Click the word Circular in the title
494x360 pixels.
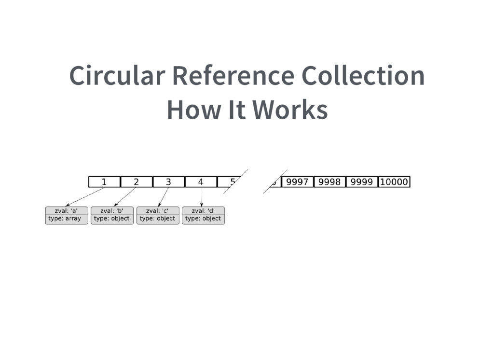tap(117, 76)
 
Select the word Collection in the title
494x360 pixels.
tap(363, 76)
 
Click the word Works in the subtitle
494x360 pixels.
tap(290, 110)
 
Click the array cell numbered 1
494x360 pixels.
tap(104, 182)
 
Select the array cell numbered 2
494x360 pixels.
tap(137, 182)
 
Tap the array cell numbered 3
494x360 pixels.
tap(168, 182)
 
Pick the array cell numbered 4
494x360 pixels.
tap(201, 182)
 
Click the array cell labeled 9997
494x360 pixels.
tap(297, 182)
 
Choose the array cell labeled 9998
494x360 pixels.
tap(329, 182)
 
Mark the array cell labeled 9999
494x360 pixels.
tap(361, 182)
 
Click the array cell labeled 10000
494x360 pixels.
tap(394, 182)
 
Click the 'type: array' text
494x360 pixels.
tap(65, 219)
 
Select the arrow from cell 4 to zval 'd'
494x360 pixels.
tap(201, 197)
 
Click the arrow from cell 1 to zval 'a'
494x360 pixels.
tap(85, 197)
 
